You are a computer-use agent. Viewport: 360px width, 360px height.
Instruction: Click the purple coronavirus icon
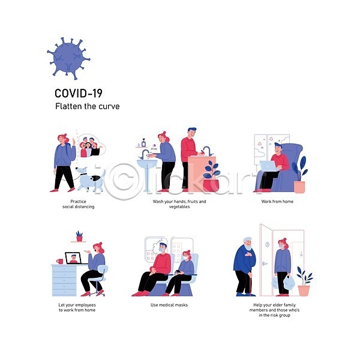coord(68,59)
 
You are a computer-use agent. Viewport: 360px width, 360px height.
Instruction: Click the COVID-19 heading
coord(79,94)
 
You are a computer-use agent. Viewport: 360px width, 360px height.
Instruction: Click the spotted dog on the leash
coord(91,178)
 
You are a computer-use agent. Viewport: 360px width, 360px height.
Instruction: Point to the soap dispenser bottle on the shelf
coord(143,143)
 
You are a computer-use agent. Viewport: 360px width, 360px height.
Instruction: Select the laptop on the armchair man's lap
coord(269,166)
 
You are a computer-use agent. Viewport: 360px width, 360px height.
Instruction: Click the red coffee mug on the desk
coord(59,261)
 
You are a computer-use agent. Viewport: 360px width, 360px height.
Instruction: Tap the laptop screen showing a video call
coord(73,258)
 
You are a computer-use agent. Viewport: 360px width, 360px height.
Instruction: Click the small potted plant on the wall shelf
coord(79,236)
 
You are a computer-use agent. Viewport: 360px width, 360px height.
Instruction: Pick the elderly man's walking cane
coord(250,283)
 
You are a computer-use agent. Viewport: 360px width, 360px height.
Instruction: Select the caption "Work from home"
coord(277,202)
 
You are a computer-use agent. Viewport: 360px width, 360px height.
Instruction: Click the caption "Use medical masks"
coord(169,305)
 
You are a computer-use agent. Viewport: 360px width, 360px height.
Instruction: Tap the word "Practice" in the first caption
coord(78,202)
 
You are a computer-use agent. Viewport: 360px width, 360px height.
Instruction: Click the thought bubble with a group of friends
coord(91,146)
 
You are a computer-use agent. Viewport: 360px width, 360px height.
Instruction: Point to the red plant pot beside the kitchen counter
coord(211,185)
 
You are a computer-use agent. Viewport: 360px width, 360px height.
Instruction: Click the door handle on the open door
coord(264,263)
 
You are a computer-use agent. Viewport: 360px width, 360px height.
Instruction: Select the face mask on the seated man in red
coord(163,249)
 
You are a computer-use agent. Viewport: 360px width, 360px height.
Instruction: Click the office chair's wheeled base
coord(97,292)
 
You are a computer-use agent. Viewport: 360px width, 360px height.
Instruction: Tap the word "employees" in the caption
coord(85,305)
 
